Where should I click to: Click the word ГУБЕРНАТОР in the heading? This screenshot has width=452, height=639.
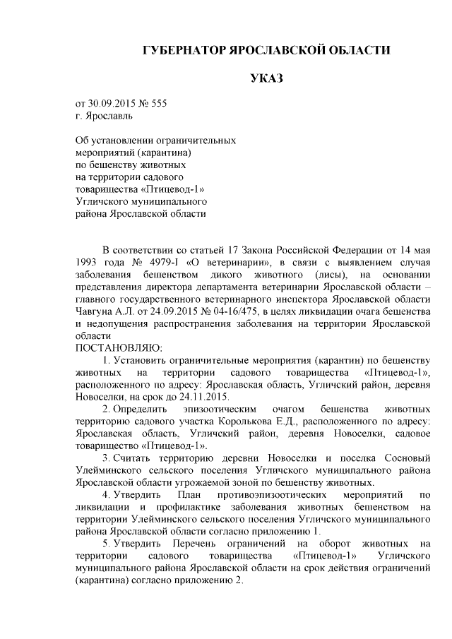(x=182, y=52)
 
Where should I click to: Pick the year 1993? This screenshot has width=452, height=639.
(x=88, y=263)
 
